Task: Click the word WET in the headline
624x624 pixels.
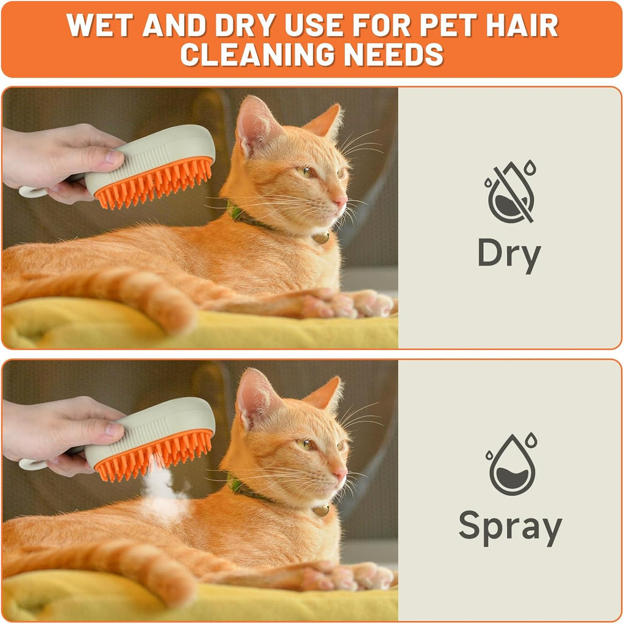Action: (99, 26)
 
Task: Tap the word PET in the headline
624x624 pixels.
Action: (448, 26)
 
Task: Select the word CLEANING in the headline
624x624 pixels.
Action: (258, 54)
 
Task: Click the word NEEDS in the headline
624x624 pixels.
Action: (394, 54)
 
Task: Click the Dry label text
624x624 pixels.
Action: (509, 255)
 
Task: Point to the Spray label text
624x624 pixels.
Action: (510, 527)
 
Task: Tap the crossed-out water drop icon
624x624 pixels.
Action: (510, 191)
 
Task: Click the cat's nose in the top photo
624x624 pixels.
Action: (341, 199)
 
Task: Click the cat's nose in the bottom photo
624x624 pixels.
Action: (341, 472)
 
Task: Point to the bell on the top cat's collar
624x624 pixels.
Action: (321, 238)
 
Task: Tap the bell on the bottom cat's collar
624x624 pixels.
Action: (321, 510)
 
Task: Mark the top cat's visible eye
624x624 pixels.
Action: (307, 172)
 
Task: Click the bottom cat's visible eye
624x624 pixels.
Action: (307, 444)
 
